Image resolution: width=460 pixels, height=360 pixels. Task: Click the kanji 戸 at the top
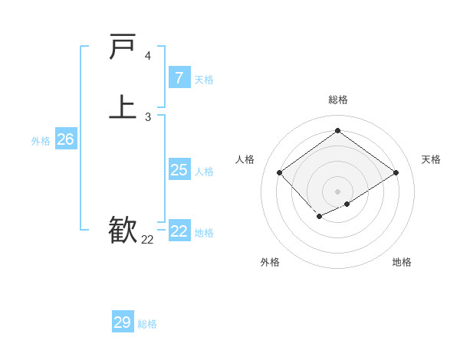click(x=123, y=47)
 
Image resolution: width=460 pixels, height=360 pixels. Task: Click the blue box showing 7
click(x=179, y=77)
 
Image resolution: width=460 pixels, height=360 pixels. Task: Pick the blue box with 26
click(x=65, y=139)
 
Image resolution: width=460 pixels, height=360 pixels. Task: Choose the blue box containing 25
click(x=179, y=170)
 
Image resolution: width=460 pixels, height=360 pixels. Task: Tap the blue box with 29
click(x=123, y=322)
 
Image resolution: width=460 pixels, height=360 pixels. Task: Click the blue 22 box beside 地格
click(x=179, y=231)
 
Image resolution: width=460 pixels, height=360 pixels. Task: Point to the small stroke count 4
click(x=148, y=56)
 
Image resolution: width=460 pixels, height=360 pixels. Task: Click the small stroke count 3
click(x=148, y=117)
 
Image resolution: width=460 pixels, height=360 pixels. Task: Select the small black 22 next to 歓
click(x=147, y=240)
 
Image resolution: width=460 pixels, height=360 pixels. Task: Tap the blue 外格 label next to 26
click(x=41, y=141)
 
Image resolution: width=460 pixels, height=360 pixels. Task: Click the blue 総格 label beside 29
click(x=147, y=324)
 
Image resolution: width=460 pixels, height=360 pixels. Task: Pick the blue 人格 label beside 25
click(x=204, y=172)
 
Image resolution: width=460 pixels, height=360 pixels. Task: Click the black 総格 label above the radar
click(x=337, y=100)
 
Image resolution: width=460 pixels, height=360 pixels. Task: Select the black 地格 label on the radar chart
click(x=402, y=262)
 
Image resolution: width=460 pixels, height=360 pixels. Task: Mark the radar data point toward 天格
click(x=396, y=173)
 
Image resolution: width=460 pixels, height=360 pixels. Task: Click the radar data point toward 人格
click(x=280, y=173)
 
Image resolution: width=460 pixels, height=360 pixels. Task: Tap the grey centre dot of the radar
click(x=337, y=191)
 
